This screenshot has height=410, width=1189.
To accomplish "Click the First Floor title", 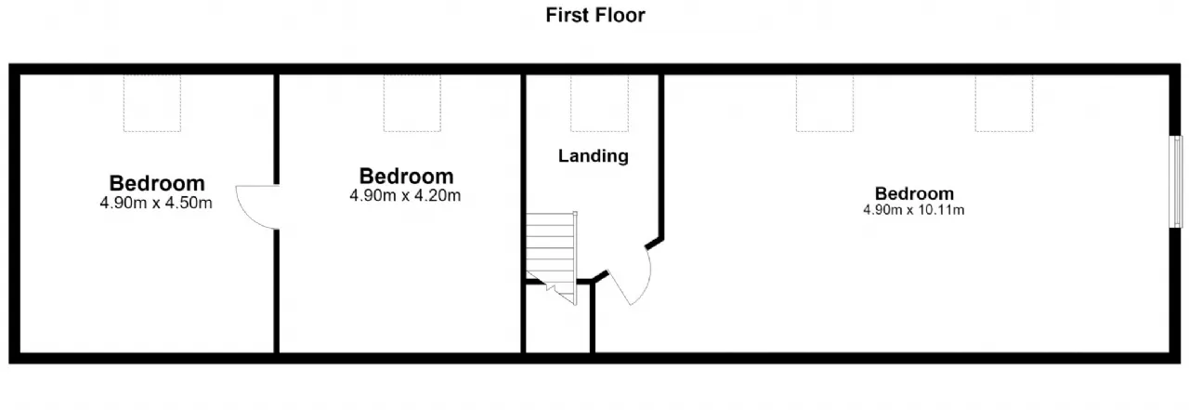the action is (595, 16).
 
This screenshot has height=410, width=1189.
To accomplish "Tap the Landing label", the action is (594, 156).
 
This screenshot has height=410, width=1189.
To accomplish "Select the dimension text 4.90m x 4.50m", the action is (156, 203).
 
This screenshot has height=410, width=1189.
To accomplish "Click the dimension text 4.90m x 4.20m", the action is (405, 195).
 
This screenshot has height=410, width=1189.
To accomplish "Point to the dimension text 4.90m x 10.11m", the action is (913, 210).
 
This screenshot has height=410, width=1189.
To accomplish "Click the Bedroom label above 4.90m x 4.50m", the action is (157, 183).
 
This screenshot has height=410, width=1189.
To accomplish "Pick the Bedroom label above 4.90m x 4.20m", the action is (407, 177).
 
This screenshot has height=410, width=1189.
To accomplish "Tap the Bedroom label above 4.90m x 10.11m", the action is (914, 193).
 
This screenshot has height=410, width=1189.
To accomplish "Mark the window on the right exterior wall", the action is (1177, 182).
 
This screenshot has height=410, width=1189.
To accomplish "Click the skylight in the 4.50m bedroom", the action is (152, 103).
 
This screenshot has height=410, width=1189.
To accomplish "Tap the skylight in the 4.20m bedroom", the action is (412, 103).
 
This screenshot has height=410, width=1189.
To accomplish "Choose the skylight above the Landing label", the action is (600, 103).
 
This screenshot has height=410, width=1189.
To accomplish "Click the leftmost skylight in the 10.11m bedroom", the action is (825, 103).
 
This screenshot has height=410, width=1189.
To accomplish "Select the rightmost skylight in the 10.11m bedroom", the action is (1004, 103).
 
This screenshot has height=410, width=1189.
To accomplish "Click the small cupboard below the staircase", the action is (558, 319).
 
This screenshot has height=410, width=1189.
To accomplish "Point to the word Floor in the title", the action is (621, 16).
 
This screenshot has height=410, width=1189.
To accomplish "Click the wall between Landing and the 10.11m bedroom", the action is (661, 157).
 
